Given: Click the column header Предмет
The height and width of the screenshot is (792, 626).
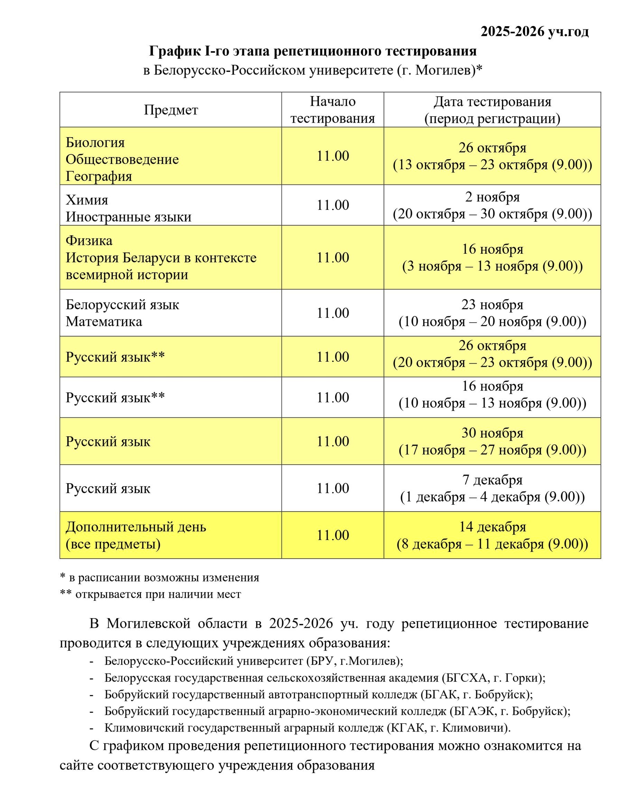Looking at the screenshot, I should [x=171, y=110].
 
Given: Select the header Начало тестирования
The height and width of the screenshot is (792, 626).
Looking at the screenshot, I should [x=332, y=110].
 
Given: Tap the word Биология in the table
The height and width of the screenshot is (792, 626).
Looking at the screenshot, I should [x=95, y=142].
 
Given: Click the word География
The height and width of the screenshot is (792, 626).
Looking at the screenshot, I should [x=99, y=176].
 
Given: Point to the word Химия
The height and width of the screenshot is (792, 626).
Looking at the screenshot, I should [x=87, y=200].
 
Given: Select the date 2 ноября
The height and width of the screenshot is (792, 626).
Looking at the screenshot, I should [x=492, y=197].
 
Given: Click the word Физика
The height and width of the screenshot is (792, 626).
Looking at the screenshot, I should [x=89, y=241].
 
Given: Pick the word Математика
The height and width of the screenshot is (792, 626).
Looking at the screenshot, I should [x=104, y=322].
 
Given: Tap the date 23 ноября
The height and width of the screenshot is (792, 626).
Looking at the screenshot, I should [x=492, y=305].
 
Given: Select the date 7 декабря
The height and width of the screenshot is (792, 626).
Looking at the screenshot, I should [x=492, y=479].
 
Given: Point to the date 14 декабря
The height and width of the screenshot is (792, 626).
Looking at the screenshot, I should [x=492, y=527].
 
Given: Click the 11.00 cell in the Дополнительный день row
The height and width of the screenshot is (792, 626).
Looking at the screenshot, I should [x=332, y=535].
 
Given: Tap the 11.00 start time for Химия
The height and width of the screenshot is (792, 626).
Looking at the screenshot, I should [x=332, y=205].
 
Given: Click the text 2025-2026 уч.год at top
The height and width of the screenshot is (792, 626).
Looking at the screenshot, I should [x=534, y=32].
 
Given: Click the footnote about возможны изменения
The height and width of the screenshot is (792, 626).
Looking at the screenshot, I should [x=159, y=578].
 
